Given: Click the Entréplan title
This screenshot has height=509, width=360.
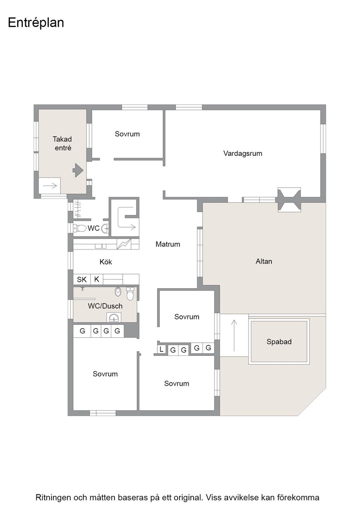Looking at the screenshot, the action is tap(36, 23).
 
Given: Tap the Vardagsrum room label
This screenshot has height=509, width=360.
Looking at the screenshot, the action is tap(242, 153).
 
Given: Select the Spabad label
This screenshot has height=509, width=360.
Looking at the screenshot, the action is tap(279, 341).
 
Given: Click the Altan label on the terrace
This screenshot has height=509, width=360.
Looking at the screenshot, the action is tap(264, 261).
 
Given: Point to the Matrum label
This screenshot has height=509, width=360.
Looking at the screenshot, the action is tap(168, 244).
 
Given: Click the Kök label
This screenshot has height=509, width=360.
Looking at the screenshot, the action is tap(105, 262).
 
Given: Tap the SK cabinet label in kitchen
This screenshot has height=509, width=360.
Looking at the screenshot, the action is tap(82, 279).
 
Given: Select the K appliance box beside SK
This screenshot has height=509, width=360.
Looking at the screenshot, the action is tap(96, 279).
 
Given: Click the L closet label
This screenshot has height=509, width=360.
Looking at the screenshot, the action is tap(161, 349).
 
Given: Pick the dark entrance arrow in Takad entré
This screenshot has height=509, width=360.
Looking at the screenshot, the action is tap(78, 170).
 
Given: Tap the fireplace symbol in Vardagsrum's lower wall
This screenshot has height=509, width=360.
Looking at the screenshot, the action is tap(289, 200).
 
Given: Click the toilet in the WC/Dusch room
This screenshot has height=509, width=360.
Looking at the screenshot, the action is tap(130, 294).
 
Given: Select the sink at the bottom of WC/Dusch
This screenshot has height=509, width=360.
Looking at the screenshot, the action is tap(114, 318).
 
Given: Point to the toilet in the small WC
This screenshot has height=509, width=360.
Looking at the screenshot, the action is tap(80, 228).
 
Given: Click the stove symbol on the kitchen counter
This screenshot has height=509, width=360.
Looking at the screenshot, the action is tap(124, 244).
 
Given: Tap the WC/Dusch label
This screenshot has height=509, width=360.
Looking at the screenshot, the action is tap(105, 306).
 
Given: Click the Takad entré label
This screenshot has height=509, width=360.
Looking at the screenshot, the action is tap(62, 144).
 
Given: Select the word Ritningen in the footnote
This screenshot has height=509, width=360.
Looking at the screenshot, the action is tap(53, 498).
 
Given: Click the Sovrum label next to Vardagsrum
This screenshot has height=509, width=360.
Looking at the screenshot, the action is tap(127, 134).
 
